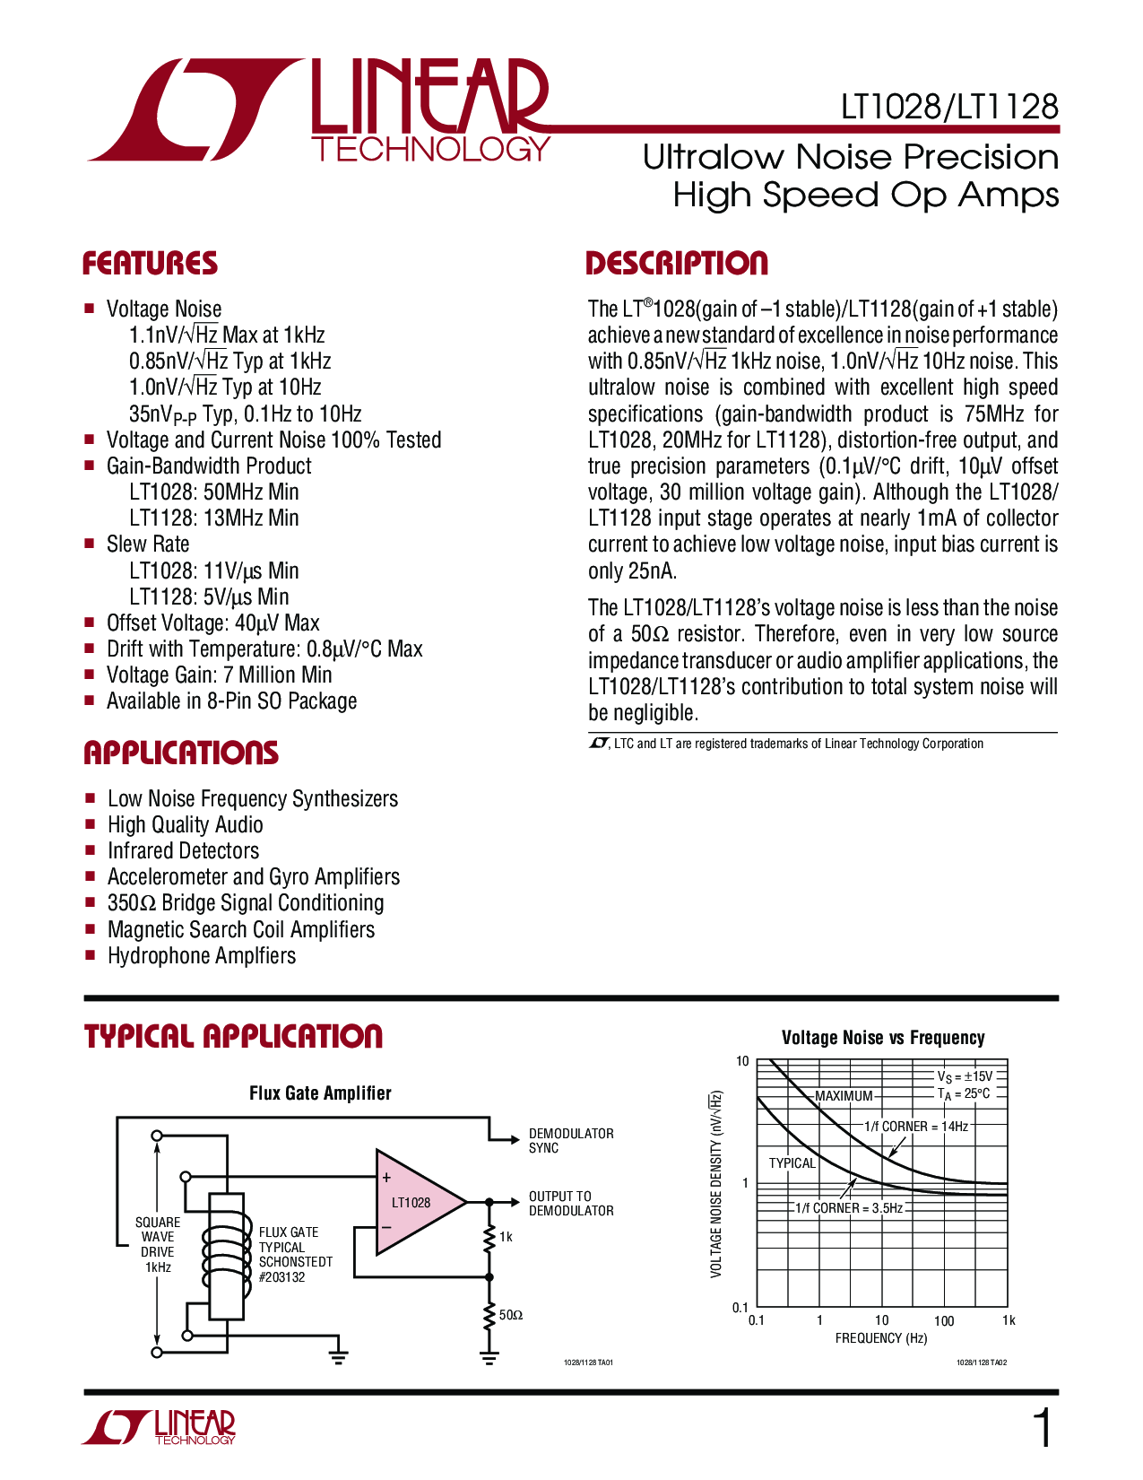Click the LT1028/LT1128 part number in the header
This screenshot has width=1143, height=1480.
949,108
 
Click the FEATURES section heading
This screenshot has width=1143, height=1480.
150,264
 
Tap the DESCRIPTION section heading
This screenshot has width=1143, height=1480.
677,264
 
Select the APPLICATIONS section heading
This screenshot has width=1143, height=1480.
181,753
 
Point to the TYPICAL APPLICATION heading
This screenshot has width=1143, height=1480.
233,1037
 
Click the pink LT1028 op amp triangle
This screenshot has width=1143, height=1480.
412,1202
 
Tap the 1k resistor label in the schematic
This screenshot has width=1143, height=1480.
507,1237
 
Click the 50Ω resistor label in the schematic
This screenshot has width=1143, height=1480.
511,1315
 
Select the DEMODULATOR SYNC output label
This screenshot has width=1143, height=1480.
571,1141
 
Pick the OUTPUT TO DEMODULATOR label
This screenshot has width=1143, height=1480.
571,1204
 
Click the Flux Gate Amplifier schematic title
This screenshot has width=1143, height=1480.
320,1093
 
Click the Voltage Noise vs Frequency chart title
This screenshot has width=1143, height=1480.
883,1038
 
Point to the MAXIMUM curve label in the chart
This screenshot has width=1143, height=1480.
844,1096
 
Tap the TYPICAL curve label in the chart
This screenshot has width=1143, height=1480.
792,1163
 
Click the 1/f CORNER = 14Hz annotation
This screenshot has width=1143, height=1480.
916,1127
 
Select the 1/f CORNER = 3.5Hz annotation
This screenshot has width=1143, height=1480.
849,1208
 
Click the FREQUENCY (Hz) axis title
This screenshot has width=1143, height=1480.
881,1338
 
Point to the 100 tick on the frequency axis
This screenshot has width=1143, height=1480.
944,1320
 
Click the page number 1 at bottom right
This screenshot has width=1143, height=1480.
1043,1429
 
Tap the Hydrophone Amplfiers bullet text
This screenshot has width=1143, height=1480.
202,956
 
